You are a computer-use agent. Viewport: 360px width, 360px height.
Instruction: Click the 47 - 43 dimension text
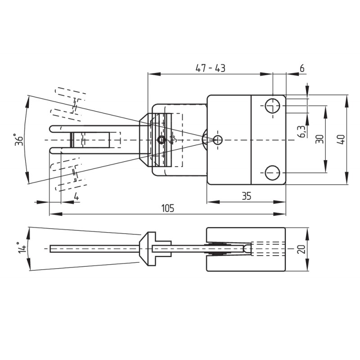210,68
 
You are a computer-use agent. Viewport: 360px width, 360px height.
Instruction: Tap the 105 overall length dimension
168,208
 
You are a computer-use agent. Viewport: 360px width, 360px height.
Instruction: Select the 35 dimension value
246,196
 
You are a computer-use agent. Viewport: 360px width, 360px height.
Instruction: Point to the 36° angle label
19,139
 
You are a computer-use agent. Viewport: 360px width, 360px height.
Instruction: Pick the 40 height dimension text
342,139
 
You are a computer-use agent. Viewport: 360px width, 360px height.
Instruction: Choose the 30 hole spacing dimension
319,139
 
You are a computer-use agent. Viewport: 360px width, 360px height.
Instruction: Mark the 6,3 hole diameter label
302,132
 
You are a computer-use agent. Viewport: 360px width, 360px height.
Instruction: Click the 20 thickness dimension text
301,249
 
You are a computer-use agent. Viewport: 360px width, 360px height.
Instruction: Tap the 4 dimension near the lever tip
76,197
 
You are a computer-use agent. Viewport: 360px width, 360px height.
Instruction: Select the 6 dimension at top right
302,68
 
